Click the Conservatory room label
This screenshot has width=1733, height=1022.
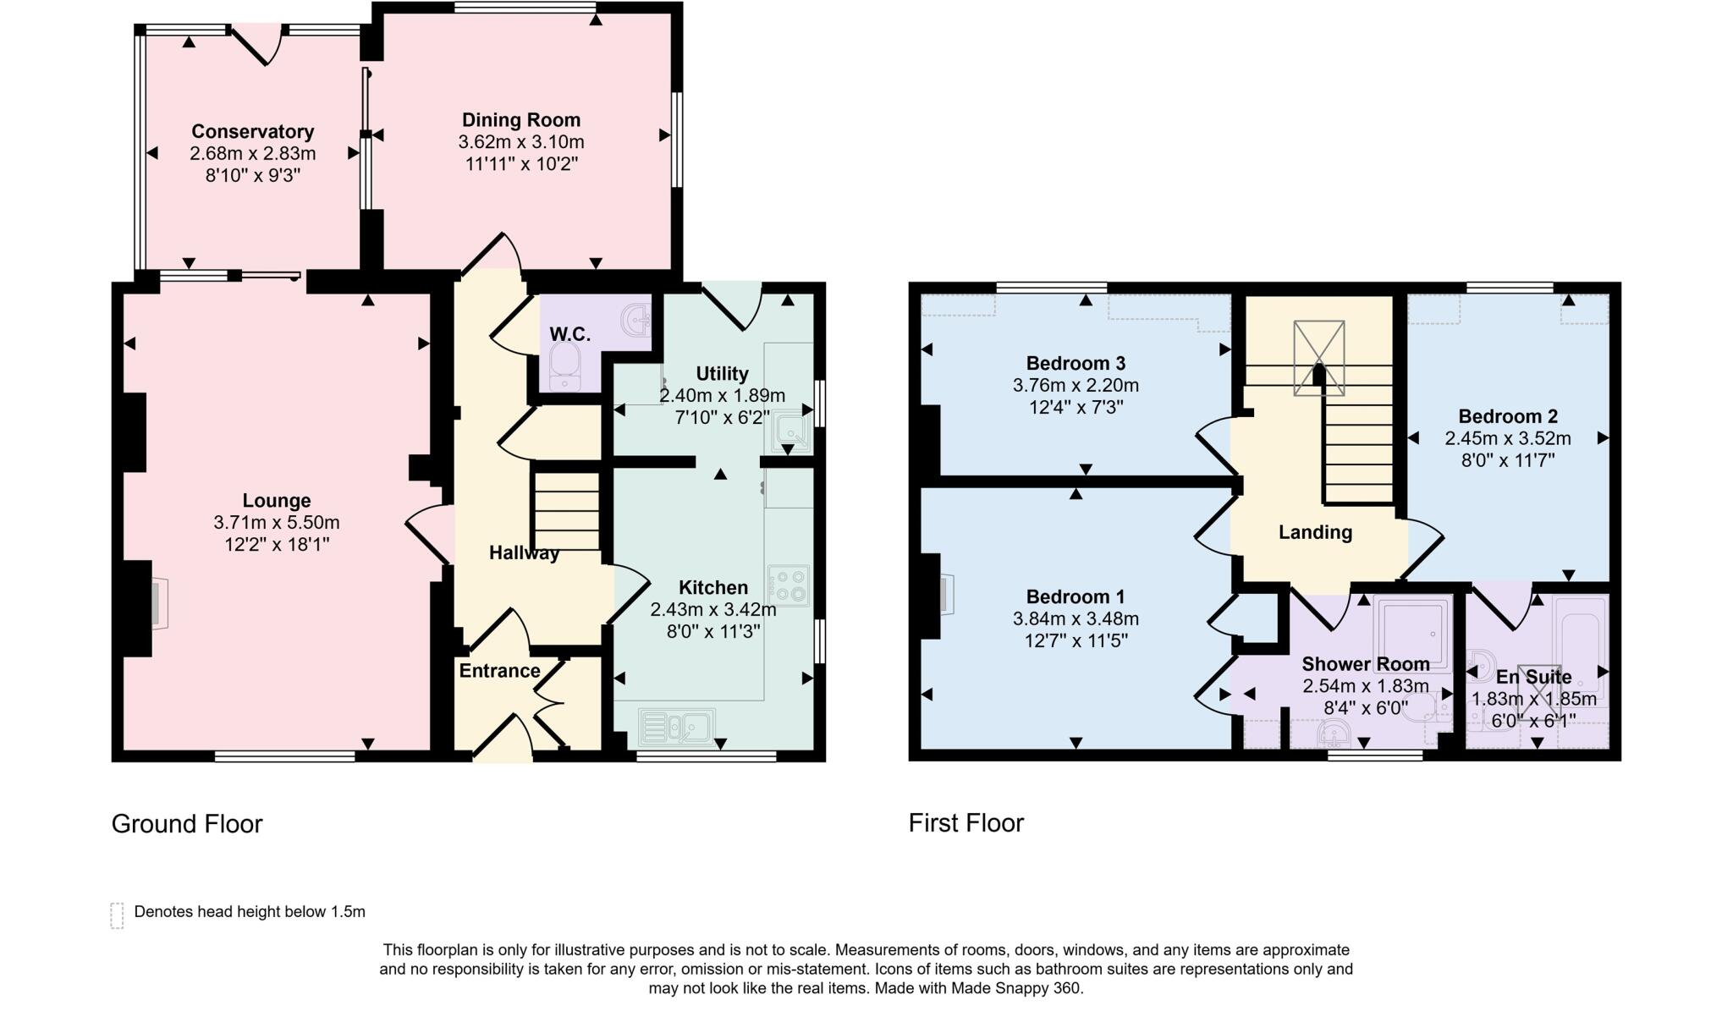[x=252, y=131]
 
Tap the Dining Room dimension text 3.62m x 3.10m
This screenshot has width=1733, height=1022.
[x=520, y=142]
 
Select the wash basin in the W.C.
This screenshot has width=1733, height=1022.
[x=635, y=319]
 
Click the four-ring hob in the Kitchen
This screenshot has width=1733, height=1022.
[x=788, y=585]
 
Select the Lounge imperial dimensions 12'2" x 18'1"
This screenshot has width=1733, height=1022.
[x=276, y=544]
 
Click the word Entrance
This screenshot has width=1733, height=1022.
[x=499, y=671]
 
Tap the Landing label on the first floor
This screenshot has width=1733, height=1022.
[x=1315, y=532]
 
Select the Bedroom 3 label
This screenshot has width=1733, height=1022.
[x=1076, y=363]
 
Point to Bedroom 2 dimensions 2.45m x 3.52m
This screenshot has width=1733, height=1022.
[x=1507, y=438]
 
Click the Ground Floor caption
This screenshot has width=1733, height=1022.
[x=187, y=824]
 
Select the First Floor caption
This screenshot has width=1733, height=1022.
[x=966, y=823]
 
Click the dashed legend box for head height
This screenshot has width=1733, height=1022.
[x=117, y=915]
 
